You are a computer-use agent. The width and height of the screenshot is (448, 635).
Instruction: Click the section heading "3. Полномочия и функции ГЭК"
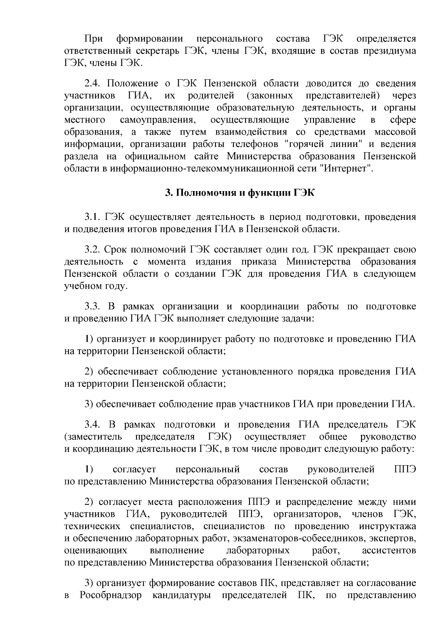[240, 193]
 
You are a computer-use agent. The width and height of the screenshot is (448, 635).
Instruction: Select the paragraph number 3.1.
[93, 217]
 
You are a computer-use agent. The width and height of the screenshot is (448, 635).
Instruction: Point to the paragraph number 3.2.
[93, 250]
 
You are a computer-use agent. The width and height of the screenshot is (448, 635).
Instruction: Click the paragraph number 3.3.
[93, 307]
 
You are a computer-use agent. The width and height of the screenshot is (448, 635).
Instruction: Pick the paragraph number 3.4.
[93, 424]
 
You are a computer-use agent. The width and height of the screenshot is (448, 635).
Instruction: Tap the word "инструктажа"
[388, 526]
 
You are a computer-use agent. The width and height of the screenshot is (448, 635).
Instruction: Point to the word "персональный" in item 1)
[207, 469]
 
